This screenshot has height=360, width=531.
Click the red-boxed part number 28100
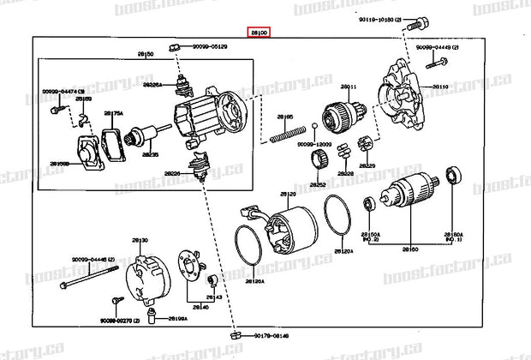point(259,32)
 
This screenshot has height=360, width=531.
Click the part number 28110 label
point(439,87)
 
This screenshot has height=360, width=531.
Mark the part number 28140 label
point(200,306)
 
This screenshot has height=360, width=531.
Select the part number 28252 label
point(319,183)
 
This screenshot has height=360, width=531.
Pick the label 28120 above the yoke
point(288,195)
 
